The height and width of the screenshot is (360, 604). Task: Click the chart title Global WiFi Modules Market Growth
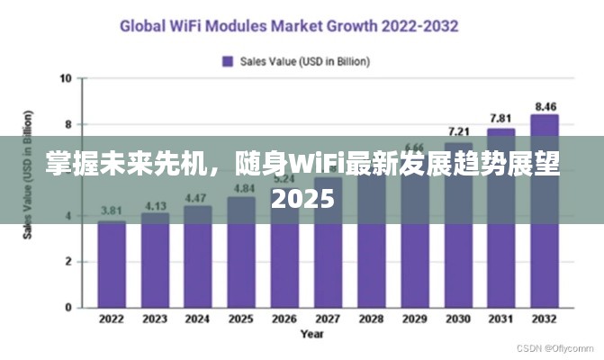pyautogui.click(x=289, y=25)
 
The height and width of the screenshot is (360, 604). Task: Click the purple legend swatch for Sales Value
pyautogui.click(x=228, y=61)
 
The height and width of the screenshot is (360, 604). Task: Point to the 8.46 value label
pyautogui.click(x=545, y=105)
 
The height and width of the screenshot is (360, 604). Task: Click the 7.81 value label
pyautogui.click(x=500, y=119)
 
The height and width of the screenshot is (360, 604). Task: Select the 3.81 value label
pyautogui.click(x=112, y=211)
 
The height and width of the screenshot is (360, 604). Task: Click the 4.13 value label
pyautogui.click(x=155, y=205)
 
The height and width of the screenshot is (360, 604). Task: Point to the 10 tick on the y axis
pyautogui.click(x=66, y=78)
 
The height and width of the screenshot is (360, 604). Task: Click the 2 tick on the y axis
pyautogui.click(x=68, y=262)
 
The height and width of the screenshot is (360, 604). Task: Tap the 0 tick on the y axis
pyautogui.click(x=68, y=308)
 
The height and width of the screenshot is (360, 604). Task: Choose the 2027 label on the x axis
pyautogui.click(x=329, y=319)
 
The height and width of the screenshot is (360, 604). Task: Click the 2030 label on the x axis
pyautogui.click(x=458, y=319)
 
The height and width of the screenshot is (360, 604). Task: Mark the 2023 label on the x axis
pyautogui.click(x=155, y=319)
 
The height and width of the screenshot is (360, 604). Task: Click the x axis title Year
pyautogui.click(x=311, y=334)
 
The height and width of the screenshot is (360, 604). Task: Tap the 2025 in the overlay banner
pyautogui.click(x=302, y=198)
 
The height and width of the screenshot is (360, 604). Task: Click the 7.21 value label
pyautogui.click(x=458, y=132)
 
